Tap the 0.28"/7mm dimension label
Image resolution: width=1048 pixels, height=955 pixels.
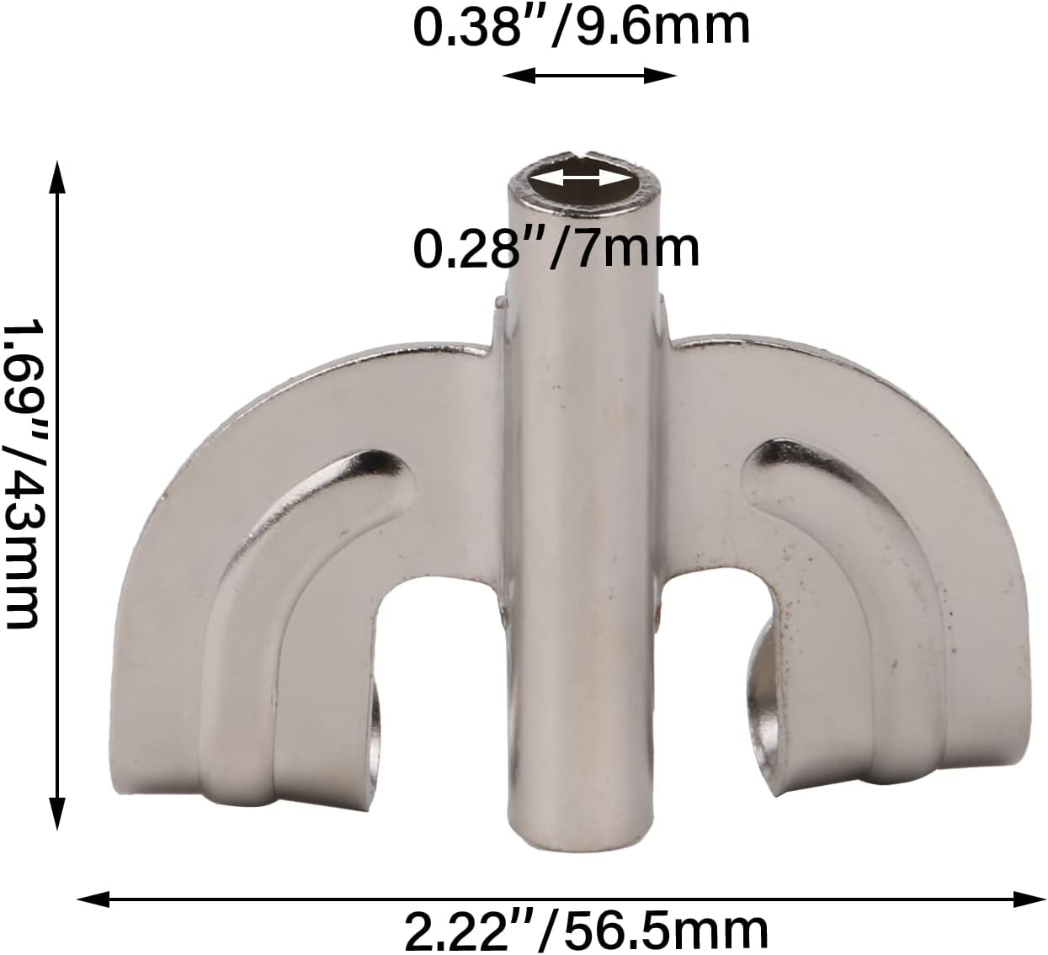click(x=556, y=249)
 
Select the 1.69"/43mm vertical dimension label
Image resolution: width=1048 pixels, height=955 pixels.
click(x=22, y=474)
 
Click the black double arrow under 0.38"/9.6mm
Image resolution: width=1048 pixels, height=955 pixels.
click(x=589, y=77)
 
